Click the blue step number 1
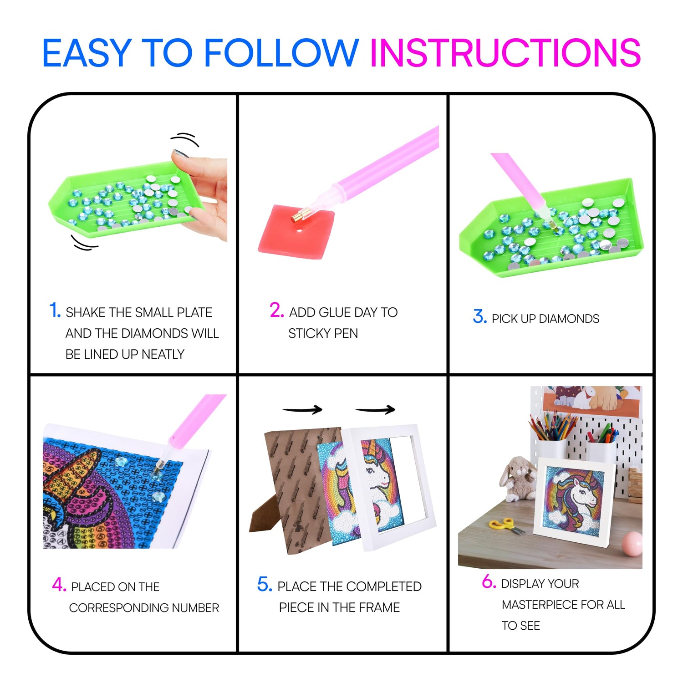[55, 311]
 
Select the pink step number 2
[276, 310]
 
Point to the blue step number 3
[480, 316]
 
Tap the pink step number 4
[59, 585]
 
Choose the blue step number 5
[265, 584]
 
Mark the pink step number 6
[489, 581]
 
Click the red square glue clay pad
[296, 232]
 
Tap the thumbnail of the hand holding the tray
[181, 153]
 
